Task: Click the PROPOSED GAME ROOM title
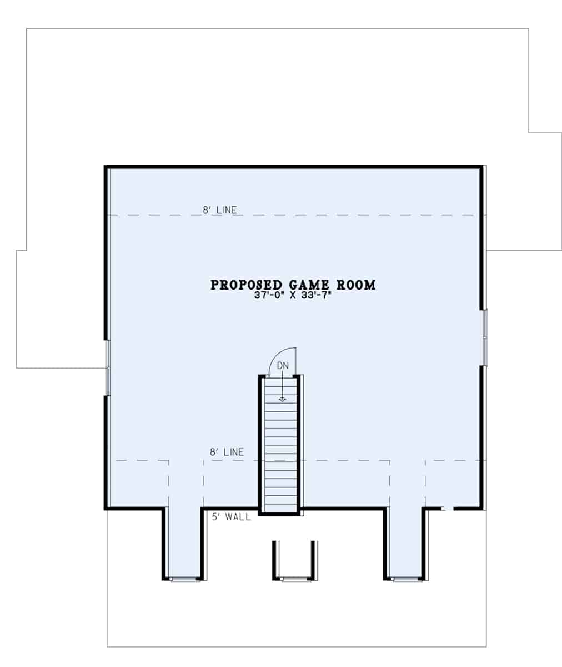[x=293, y=285]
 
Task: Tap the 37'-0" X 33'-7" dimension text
[x=293, y=296]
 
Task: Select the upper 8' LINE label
[x=219, y=210]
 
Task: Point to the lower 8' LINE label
[x=227, y=452]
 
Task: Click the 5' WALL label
[x=232, y=517]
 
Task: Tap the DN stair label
[x=283, y=366]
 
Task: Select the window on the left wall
[x=108, y=367]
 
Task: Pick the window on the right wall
[x=485, y=337]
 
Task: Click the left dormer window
[x=184, y=579]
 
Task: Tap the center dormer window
[x=295, y=579]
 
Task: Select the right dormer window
[x=407, y=579]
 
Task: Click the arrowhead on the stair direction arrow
[x=283, y=399]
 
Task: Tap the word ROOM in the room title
[x=357, y=285]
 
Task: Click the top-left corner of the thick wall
[x=106, y=167]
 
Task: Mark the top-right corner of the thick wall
[x=480, y=167]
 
